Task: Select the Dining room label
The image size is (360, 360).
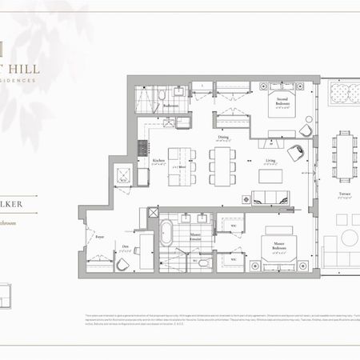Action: [222, 138]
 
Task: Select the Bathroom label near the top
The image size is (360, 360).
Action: [170, 106]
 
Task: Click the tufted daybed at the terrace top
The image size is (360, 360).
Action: [346, 98]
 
